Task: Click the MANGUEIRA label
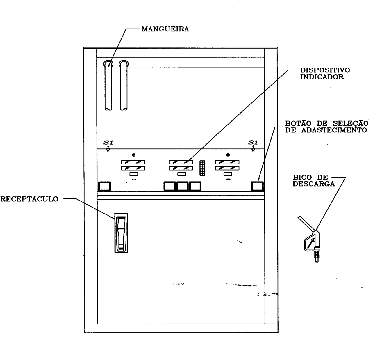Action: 165,29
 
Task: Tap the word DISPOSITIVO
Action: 325,70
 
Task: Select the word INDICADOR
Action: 322,77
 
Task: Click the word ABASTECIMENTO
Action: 334,130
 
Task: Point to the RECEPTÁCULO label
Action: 29,199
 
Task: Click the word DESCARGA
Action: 314,184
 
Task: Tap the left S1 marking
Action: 108,143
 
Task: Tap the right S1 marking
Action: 253,143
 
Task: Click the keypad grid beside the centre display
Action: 202,168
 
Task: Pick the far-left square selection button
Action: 104,186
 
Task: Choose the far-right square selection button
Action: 257,186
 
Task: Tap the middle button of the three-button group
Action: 182,186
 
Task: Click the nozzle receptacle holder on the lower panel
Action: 121,233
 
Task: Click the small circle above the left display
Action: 134,155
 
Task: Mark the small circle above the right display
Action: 228,155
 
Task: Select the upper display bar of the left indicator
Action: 133,162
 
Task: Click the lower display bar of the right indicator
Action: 227,168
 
